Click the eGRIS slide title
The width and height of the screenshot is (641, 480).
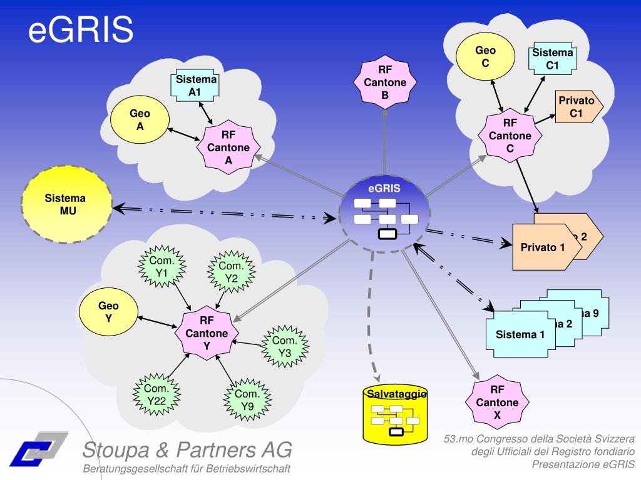(x=81, y=30)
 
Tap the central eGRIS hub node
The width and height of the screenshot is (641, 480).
(x=384, y=210)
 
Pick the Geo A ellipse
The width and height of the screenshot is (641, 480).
(x=140, y=120)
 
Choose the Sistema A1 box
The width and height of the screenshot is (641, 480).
(x=195, y=86)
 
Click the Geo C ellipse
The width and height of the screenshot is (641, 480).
(x=485, y=57)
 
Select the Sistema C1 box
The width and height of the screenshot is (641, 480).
(x=552, y=59)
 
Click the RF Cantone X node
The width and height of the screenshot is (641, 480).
(x=497, y=402)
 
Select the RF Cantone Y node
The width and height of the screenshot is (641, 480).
(x=207, y=333)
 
